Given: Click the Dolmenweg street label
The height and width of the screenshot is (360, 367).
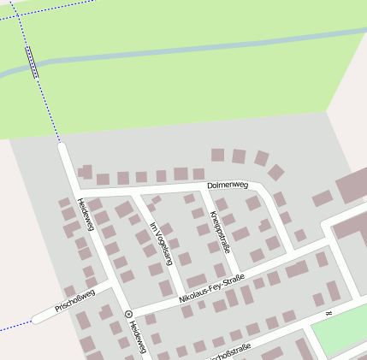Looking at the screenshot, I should coord(227,184).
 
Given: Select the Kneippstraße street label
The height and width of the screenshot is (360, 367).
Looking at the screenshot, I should coord(220,232).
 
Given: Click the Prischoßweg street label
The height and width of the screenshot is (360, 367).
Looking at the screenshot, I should coord(74,301).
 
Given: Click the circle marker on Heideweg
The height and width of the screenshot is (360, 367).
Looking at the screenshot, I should coord(128,314).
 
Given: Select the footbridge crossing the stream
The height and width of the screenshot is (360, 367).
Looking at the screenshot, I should coord(33,62).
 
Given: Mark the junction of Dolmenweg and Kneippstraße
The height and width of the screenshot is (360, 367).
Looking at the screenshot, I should coord(204,188).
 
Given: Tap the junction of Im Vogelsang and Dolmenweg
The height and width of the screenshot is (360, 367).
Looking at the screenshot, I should coord(135,192).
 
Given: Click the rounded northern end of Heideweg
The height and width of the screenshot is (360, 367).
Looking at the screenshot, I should coord(62,147).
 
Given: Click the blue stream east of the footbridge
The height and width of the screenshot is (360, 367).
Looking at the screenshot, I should coord(171,50).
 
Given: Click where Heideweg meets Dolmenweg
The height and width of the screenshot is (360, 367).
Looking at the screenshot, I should coord(74,189).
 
